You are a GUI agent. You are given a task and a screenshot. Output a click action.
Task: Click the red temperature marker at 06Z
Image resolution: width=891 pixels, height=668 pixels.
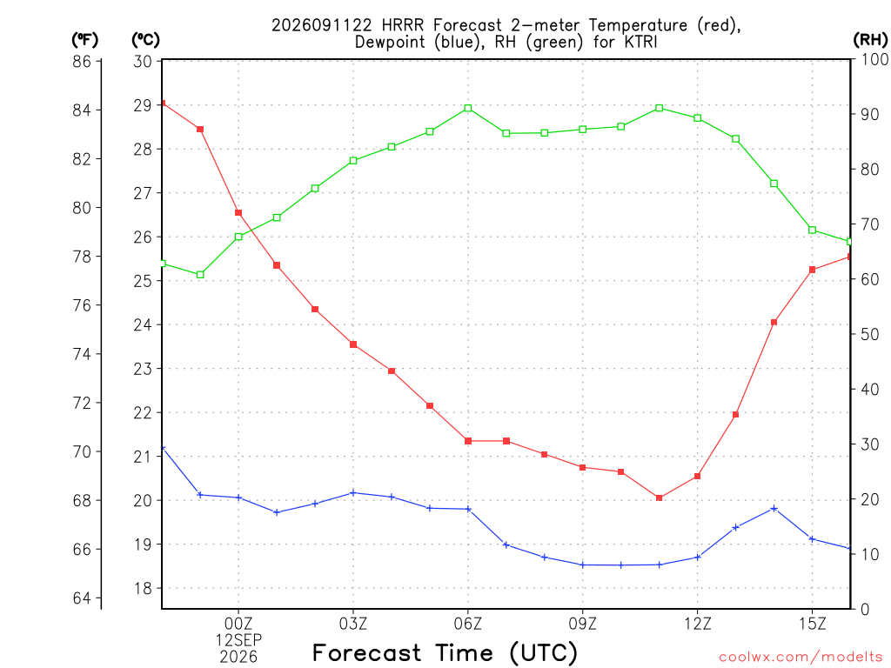click(x=468, y=441)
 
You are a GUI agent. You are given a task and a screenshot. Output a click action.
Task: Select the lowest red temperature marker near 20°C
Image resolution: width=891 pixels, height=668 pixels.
click(x=660, y=498)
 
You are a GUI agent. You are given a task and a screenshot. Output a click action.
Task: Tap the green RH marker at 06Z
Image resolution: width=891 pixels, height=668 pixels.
click(x=468, y=108)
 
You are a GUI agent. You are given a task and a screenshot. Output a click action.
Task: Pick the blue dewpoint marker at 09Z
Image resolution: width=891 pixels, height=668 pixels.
click(x=582, y=564)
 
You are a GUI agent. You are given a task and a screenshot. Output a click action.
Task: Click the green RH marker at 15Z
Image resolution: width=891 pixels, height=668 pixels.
click(x=812, y=230)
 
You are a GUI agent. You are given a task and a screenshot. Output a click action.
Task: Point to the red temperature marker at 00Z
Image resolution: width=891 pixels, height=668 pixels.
click(x=238, y=213)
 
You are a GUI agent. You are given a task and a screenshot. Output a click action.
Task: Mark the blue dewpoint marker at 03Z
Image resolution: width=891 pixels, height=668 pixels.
click(x=353, y=492)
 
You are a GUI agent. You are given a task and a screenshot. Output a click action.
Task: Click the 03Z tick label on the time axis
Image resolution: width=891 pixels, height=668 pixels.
click(x=353, y=624)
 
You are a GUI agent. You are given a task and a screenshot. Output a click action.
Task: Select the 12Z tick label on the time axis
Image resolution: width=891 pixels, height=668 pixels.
click(x=697, y=624)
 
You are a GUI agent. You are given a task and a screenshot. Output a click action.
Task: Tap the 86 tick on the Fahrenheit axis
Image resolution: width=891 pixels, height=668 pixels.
click(x=82, y=61)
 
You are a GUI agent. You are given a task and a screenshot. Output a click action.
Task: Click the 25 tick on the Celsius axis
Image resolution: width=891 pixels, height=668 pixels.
click(x=143, y=281)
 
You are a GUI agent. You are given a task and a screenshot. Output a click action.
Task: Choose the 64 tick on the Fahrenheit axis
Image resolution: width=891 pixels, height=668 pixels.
click(x=82, y=598)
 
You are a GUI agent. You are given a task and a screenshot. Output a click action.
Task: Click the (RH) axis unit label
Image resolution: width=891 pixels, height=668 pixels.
click(x=870, y=39)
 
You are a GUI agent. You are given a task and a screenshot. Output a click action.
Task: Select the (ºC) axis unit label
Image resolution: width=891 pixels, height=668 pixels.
click(x=145, y=39)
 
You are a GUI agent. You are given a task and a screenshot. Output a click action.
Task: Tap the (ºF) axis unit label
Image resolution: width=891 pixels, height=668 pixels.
click(x=84, y=39)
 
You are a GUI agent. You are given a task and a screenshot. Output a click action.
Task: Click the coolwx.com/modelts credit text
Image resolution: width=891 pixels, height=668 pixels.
click(x=801, y=658)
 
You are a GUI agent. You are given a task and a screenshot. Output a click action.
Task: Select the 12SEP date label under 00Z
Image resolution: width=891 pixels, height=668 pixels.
click(x=238, y=640)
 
